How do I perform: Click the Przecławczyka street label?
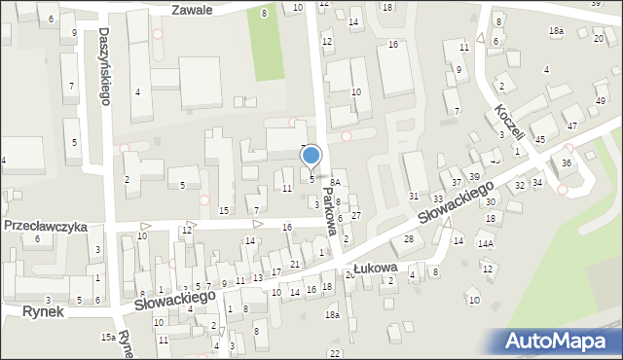coord(45,226)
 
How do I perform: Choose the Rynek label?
coord(46,311)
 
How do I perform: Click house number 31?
coord(413,198)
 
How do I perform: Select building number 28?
coord(409,238)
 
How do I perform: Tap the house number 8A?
coord(334,182)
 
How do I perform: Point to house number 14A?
coord(484,243)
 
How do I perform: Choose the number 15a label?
coord(107,337)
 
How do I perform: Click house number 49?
coord(601,101)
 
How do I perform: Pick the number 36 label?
coord(566,163)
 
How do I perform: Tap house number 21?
coord(294,265)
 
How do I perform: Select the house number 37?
coord(456,183)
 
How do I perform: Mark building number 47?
coord(571,126)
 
